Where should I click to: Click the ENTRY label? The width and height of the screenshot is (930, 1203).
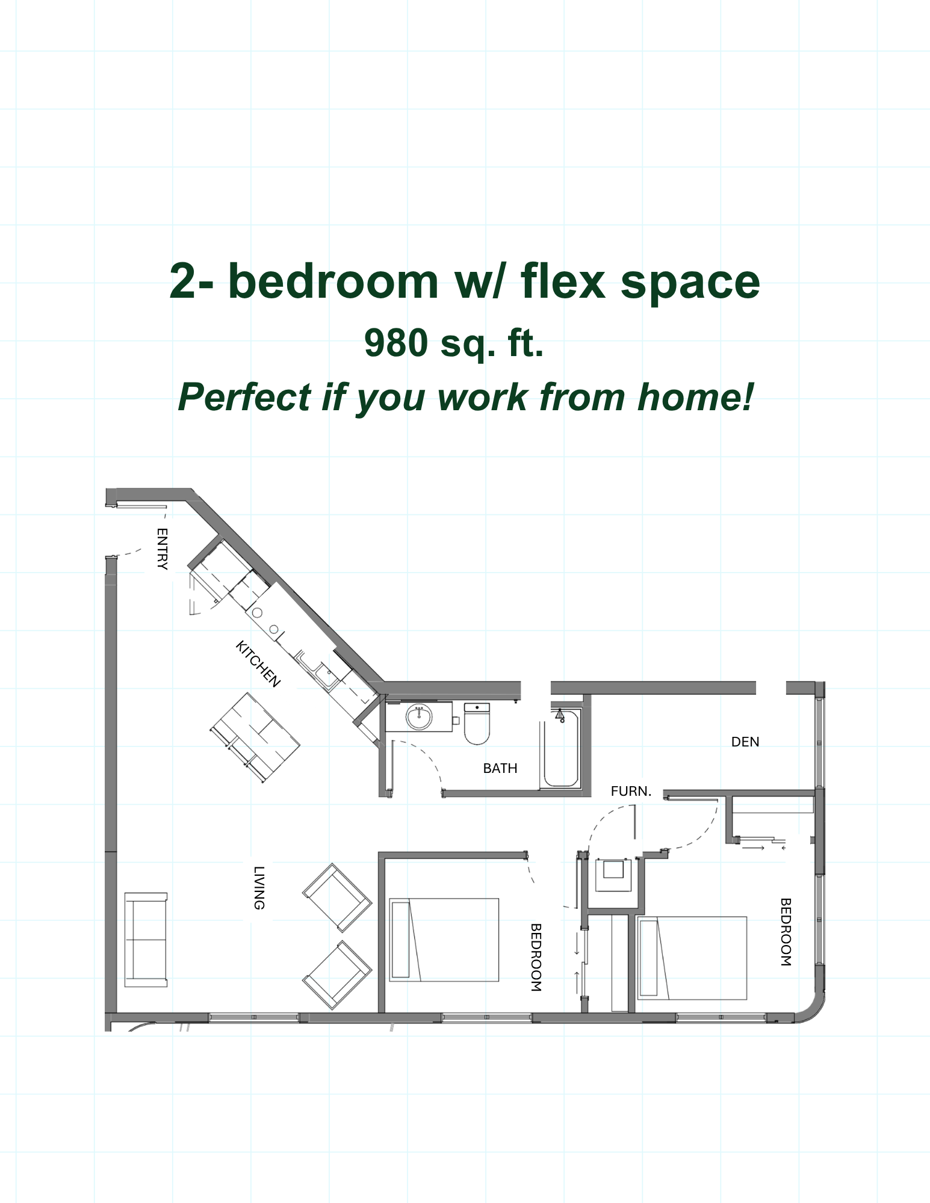[162, 548]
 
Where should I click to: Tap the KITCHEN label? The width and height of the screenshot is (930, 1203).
[258, 664]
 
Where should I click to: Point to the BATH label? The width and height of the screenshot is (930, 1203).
[500, 768]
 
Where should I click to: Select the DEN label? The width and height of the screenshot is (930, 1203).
[745, 742]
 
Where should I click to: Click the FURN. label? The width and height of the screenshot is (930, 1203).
[631, 792]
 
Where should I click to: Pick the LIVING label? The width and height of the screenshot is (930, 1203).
[259, 888]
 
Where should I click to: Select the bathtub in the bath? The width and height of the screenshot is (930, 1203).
[561, 748]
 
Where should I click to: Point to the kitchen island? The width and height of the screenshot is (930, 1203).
[255, 737]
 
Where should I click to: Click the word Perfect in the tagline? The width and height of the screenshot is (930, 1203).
[245, 397]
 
